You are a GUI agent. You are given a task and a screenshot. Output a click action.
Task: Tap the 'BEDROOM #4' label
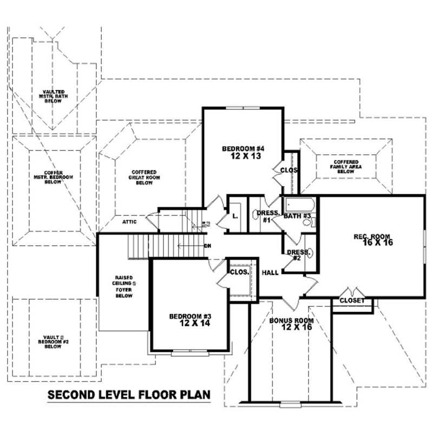pyautogui.click(x=242, y=148)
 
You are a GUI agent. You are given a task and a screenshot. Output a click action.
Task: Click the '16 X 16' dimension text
pyautogui.click(x=373, y=242)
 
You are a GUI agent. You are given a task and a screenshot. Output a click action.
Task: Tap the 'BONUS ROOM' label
pyautogui.click(x=291, y=320)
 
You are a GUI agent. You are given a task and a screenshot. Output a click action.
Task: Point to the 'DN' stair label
pyautogui.click(x=207, y=246)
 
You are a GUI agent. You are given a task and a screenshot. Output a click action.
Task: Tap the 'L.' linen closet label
pyautogui.click(x=235, y=216)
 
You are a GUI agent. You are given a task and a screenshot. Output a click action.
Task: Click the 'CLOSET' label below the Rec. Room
pyautogui.click(x=352, y=300)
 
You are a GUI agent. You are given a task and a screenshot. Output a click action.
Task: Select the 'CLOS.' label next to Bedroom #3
pyautogui.click(x=238, y=272)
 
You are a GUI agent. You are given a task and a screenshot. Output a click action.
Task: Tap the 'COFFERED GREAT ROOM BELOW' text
pyautogui.click(x=144, y=178)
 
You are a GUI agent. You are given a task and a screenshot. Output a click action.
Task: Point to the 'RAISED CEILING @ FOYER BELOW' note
pyautogui.click(x=125, y=286)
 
